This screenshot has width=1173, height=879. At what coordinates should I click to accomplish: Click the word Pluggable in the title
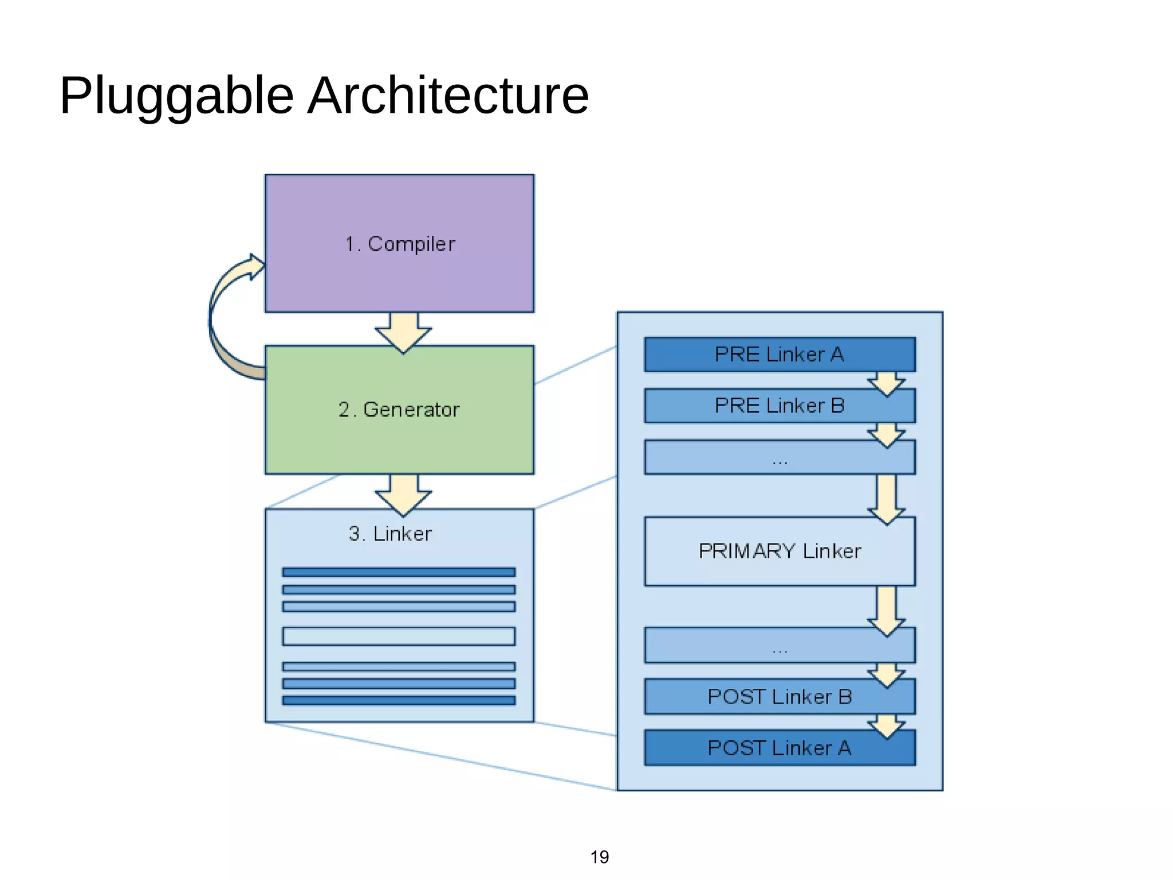176,96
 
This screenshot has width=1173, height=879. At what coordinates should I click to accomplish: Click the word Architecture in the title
448,95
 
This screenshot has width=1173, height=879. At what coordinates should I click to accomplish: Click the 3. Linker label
390,534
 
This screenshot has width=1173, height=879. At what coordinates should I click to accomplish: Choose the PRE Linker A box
779,354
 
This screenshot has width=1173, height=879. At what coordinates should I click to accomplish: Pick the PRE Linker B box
779,405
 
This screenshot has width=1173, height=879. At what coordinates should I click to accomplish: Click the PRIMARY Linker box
779,551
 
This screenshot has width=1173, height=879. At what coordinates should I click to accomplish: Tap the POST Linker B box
779,696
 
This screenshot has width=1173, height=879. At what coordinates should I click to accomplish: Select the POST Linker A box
779,747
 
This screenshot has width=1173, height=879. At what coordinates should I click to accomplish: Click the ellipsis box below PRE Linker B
779,458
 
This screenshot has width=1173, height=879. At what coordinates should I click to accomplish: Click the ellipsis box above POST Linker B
779,646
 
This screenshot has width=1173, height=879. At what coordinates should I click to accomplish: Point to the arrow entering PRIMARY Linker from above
886,498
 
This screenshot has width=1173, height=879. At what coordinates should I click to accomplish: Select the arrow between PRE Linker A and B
886,383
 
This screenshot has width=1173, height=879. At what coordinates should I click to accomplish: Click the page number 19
599,857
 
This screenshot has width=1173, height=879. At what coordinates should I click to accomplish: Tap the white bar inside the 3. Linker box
399,636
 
